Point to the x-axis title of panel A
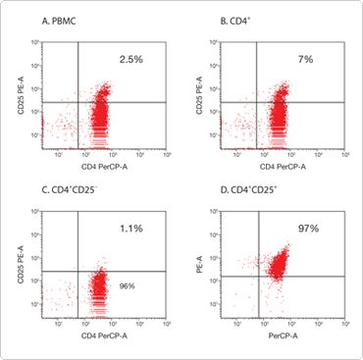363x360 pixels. pyautogui.click(x=103, y=169)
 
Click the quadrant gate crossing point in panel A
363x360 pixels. pyautogui.click(x=78, y=102)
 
